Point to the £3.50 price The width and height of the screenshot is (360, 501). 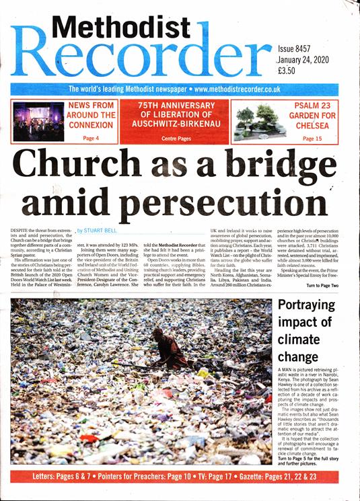pyautogui.click(x=291, y=70)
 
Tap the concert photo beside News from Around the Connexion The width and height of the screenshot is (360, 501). pyautogui.click(x=39, y=121)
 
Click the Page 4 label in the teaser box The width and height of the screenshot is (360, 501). pyautogui.click(x=91, y=138)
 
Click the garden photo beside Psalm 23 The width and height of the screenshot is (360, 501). pyautogui.click(x=263, y=121)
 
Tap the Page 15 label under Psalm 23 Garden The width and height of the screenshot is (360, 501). pyautogui.click(x=312, y=138)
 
